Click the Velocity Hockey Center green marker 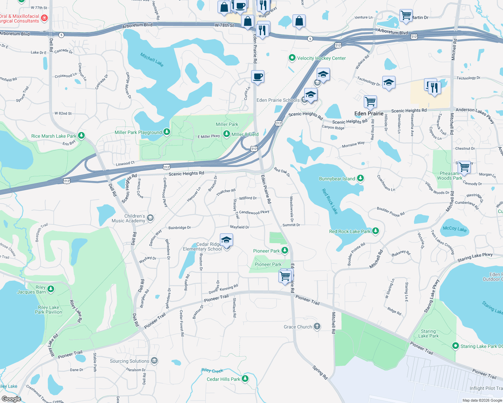[x=292, y=58]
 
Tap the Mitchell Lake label [x=152, y=60]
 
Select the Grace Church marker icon [x=317, y=326]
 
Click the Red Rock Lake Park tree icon [x=376, y=231]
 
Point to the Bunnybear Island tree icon [x=360, y=178]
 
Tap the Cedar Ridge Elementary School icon [x=226, y=240]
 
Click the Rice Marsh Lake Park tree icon [x=81, y=136]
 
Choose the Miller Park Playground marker [x=166, y=132]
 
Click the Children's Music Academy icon [x=150, y=218]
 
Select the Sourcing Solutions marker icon [x=154, y=361]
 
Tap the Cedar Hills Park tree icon [x=245, y=379]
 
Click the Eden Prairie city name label [x=369, y=114]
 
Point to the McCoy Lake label [x=455, y=229]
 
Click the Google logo [x=11, y=399]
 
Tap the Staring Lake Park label [x=428, y=333]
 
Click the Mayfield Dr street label [x=239, y=227]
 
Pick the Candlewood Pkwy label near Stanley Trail [x=254, y=212]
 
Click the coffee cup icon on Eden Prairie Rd [x=258, y=77]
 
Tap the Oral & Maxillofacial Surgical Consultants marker [x=44, y=18]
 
